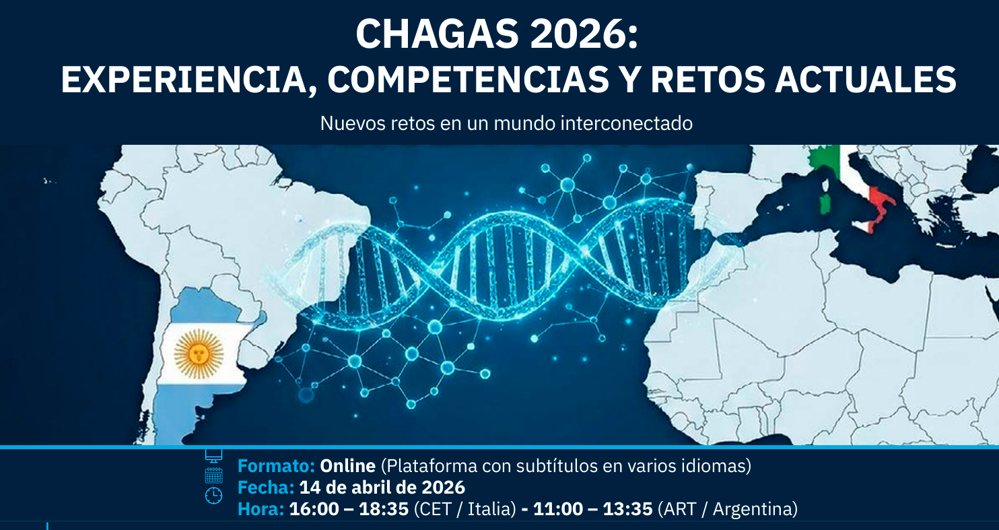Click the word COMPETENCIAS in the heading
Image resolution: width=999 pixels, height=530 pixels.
[468, 79]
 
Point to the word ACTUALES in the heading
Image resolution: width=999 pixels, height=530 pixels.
[866, 79]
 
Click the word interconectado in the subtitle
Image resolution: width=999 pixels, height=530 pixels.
[626, 124]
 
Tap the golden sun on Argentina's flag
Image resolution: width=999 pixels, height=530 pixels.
[199, 354]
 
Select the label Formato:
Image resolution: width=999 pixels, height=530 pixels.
[277, 466]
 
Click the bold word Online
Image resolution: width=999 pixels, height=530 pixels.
[348, 466]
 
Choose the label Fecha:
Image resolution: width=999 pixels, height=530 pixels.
[266, 487]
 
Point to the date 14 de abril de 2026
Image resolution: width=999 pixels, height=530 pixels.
[382, 487]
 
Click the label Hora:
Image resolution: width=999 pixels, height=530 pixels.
[261, 508]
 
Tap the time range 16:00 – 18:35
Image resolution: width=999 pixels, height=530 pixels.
[349, 508]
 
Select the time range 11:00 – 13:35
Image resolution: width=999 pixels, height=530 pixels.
[592, 508]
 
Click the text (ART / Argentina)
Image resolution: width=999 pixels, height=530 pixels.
[728, 509]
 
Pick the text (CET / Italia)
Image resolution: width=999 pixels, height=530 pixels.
[464, 509]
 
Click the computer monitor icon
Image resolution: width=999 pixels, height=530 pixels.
[213, 455]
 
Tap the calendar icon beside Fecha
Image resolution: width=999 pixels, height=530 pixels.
[213, 475]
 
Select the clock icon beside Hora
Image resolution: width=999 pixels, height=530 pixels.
[213, 496]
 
